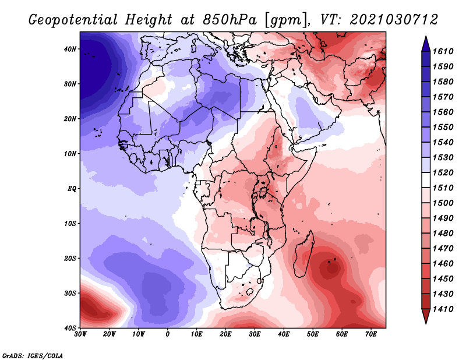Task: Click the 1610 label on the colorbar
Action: [x=443, y=51]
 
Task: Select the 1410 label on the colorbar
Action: [x=443, y=309]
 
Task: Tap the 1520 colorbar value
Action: [x=443, y=172]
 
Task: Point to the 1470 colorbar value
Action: [x=443, y=249]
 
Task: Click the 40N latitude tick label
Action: [x=70, y=49]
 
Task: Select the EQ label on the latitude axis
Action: [x=72, y=189]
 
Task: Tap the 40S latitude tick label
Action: [x=70, y=328]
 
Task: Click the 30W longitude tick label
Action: [x=80, y=334]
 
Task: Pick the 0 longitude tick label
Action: [x=168, y=334]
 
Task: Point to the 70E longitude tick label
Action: [x=371, y=334]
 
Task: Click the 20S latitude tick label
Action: [x=70, y=258]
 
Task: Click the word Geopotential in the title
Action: [x=73, y=20]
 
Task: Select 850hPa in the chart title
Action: [x=230, y=20]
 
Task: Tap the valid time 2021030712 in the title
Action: [x=394, y=20]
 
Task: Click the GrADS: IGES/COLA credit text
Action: [x=33, y=355]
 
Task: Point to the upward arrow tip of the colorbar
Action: [x=426, y=37]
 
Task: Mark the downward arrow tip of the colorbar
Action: [x=426, y=323]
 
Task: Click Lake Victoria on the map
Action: [x=263, y=192]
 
